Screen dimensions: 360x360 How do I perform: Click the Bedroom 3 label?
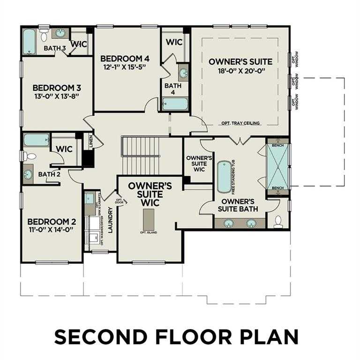pos(53,88)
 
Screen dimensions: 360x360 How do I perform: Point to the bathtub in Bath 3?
pos(30,41)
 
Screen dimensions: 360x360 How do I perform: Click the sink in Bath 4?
pos(183,73)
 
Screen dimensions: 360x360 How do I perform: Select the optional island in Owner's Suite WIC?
pos(149,218)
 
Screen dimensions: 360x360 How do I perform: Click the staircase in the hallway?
pos(141,154)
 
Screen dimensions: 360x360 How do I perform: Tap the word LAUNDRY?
pos(111,220)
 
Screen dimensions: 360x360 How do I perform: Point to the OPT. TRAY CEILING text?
pos(241,124)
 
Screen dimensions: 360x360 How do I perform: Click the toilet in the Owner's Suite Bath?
pos(277,221)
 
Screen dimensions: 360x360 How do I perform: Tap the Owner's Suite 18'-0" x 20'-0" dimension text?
pos(240,71)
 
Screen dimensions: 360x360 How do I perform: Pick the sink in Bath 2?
pos(29,173)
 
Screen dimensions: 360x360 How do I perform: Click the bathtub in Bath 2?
pos(36,140)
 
